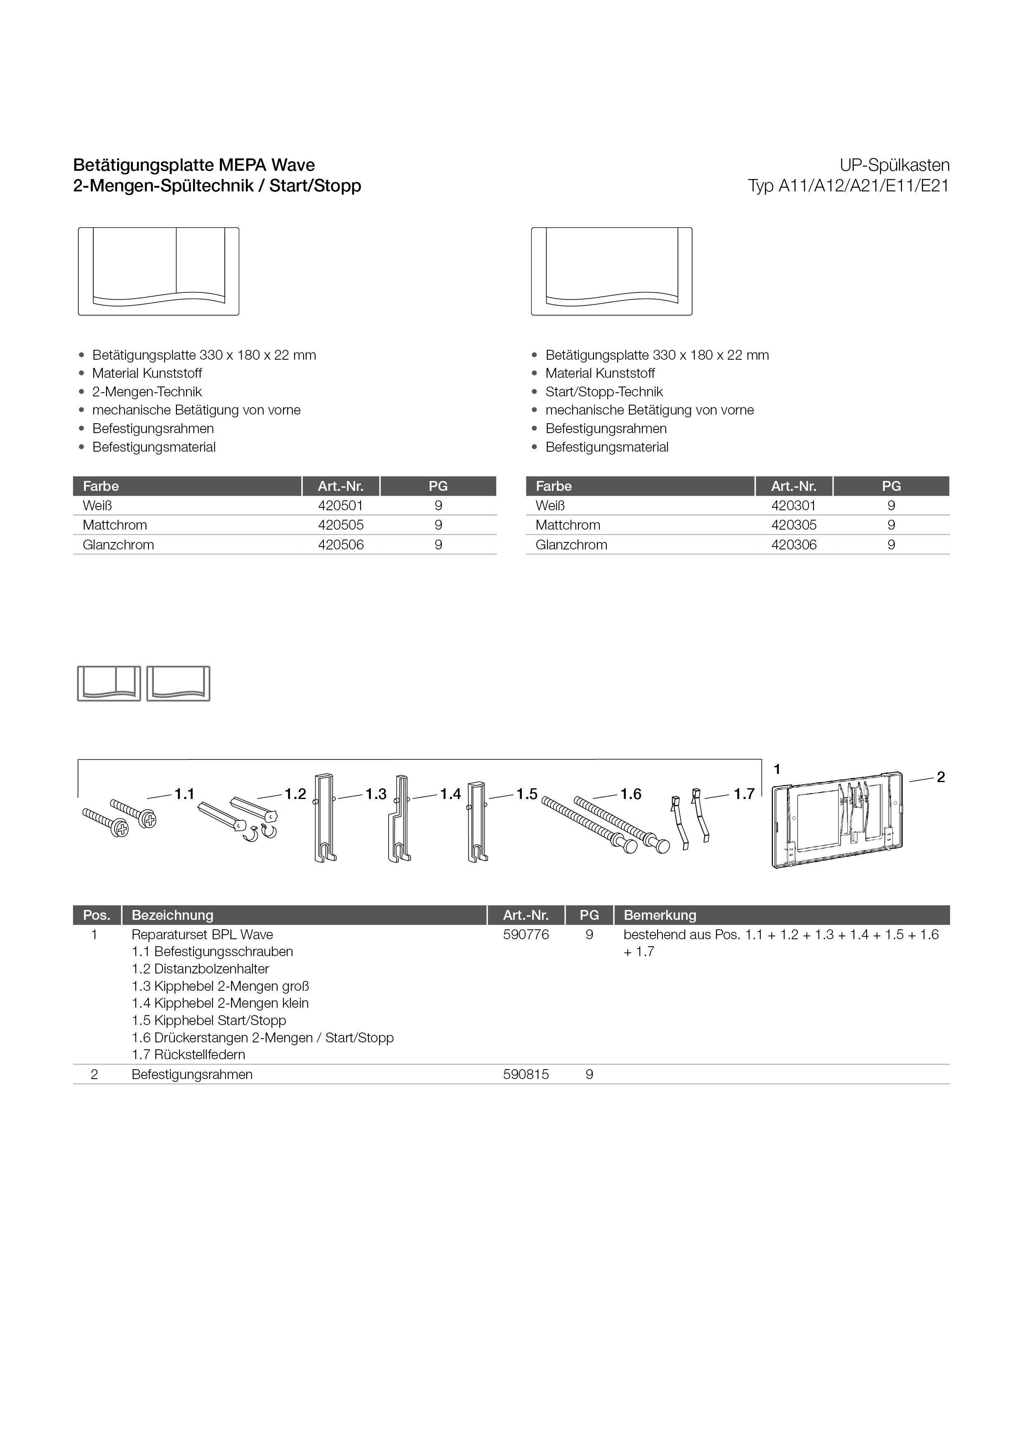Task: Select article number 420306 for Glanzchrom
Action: pyautogui.click(x=794, y=544)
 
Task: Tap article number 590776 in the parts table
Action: pyautogui.click(x=526, y=935)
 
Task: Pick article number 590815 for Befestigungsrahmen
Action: pyautogui.click(x=526, y=1075)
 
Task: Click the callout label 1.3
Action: pyautogui.click(x=376, y=794)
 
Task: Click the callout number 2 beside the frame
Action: pyautogui.click(x=940, y=777)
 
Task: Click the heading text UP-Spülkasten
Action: pyautogui.click(x=894, y=165)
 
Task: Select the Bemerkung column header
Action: pyautogui.click(x=660, y=915)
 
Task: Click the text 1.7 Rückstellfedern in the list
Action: pyautogui.click(x=189, y=1055)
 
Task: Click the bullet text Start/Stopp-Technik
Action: pyautogui.click(x=604, y=392)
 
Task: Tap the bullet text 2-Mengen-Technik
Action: pyautogui.click(x=147, y=392)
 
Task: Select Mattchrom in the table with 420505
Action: pyautogui.click(x=115, y=525)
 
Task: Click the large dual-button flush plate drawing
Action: pyautogui.click(x=158, y=271)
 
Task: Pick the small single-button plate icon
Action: pyautogui.click(x=178, y=683)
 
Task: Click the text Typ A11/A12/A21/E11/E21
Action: pyautogui.click(x=848, y=186)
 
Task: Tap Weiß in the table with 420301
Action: pyautogui.click(x=549, y=505)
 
